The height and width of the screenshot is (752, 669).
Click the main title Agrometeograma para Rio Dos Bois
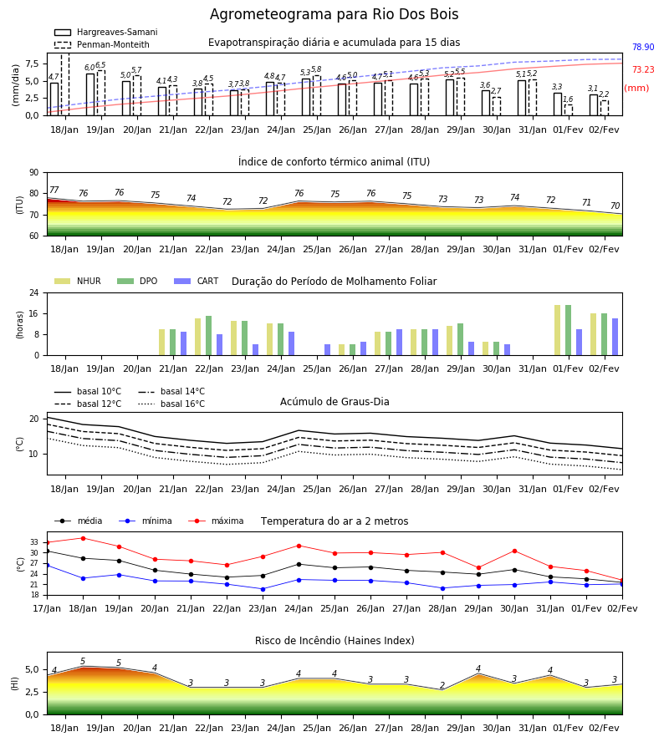coord(334,14)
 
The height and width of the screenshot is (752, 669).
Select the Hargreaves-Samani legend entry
coord(105,32)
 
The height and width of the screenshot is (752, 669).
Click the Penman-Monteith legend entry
coord(102,44)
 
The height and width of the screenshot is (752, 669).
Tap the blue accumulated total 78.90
coord(643,47)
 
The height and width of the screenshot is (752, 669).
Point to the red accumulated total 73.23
coord(643,69)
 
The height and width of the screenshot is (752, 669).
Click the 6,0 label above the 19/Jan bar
coord(89,68)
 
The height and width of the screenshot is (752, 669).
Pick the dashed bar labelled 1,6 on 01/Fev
coord(568,109)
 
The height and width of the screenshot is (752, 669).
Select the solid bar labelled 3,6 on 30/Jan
coord(486,103)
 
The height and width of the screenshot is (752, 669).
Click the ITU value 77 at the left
coord(54,190)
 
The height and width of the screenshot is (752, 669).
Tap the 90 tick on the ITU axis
coord(34,173)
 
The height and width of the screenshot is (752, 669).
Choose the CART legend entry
coord(197,281)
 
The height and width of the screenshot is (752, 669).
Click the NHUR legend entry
coord(78,281)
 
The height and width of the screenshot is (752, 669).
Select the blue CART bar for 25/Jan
coord(327,350)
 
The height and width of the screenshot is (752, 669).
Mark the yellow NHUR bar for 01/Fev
coord(557,330)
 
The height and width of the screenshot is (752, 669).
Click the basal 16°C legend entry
coord(171,404)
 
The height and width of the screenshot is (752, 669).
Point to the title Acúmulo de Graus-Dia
coord(334,402)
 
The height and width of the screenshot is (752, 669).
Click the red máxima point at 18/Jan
coord(83,538)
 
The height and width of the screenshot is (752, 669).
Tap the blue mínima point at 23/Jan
coord(263,589)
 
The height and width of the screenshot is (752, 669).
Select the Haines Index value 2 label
coord(442,685)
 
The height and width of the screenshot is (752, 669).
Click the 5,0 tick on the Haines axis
coord(32,670)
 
